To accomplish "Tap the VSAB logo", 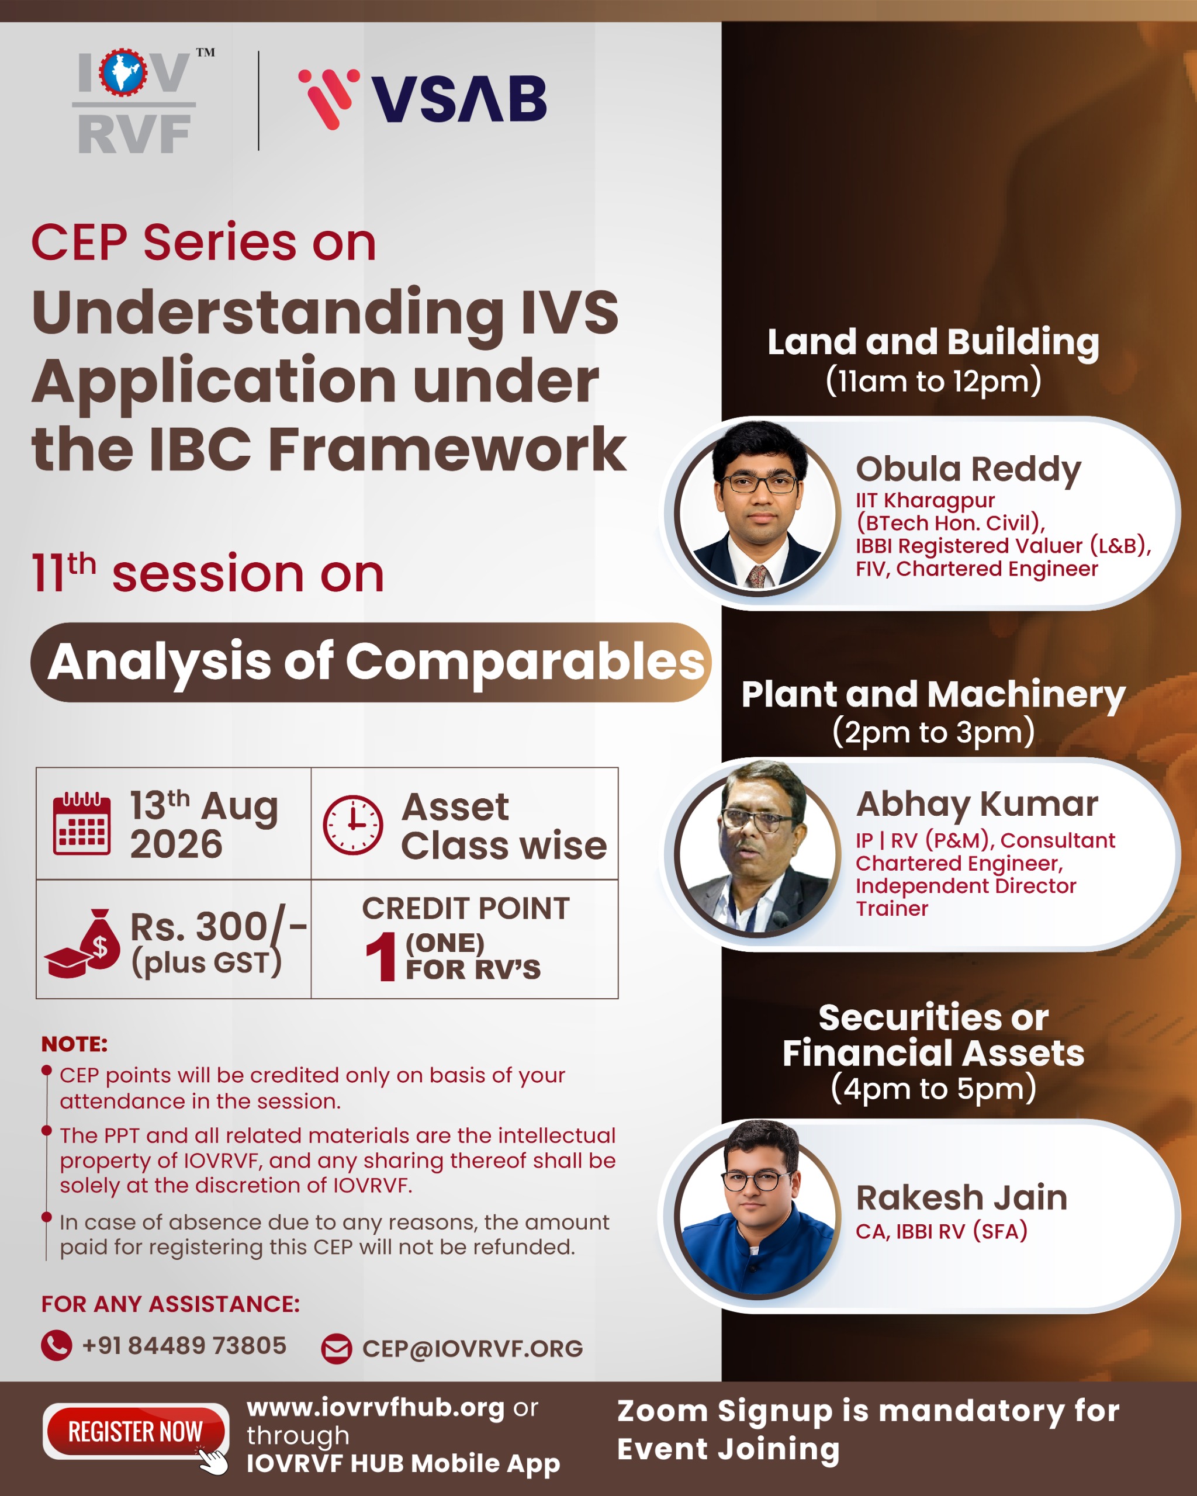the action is pyautogui.click(x=423, y=99).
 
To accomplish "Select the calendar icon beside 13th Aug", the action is pyautogui.click(x=82, y=823).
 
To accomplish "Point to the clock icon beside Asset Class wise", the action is pyautogui.click(x=352, y=825).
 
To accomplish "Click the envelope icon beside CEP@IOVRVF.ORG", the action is pyautogui.click(x=337, y=1349).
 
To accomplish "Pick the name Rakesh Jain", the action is pyautogui.click(x=961, y=1197).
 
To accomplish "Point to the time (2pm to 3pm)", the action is pyautogui.click(x=933, y=732).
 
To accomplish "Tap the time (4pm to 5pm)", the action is pyautogui.click(x=933, y=1089).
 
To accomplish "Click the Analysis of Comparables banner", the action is pyautogui.click(x=371, y=662).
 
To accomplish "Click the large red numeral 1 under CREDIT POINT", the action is pyautogui.click(x=381, y=957).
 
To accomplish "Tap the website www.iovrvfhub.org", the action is pyautogui.click(x=375, y=1408).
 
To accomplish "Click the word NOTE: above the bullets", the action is pyautogui.click(x=74, y=1044).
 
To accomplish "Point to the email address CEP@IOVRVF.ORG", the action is pyautogui.click(x=473, y=1349).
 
